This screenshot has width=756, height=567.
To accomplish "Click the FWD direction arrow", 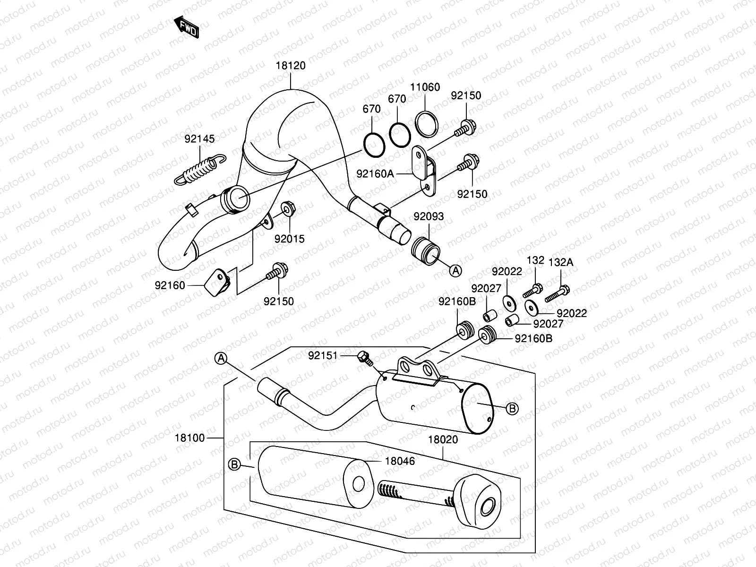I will [186, 26].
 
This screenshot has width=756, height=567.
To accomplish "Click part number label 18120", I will [291, 66].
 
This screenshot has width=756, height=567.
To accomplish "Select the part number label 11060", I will [425, 87].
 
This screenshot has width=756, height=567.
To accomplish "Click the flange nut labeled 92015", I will [287, 208].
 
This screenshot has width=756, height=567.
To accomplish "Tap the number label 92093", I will [429, 216].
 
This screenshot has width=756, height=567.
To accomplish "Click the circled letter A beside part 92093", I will [455, 270].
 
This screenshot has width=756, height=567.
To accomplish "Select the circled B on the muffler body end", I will [512, 408].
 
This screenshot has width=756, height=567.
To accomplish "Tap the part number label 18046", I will [399, 461].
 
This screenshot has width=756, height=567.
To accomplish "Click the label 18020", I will [443, 439].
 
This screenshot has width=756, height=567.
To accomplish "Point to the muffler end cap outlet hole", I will [486, 509].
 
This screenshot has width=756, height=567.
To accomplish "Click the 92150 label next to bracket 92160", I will [278, 301].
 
